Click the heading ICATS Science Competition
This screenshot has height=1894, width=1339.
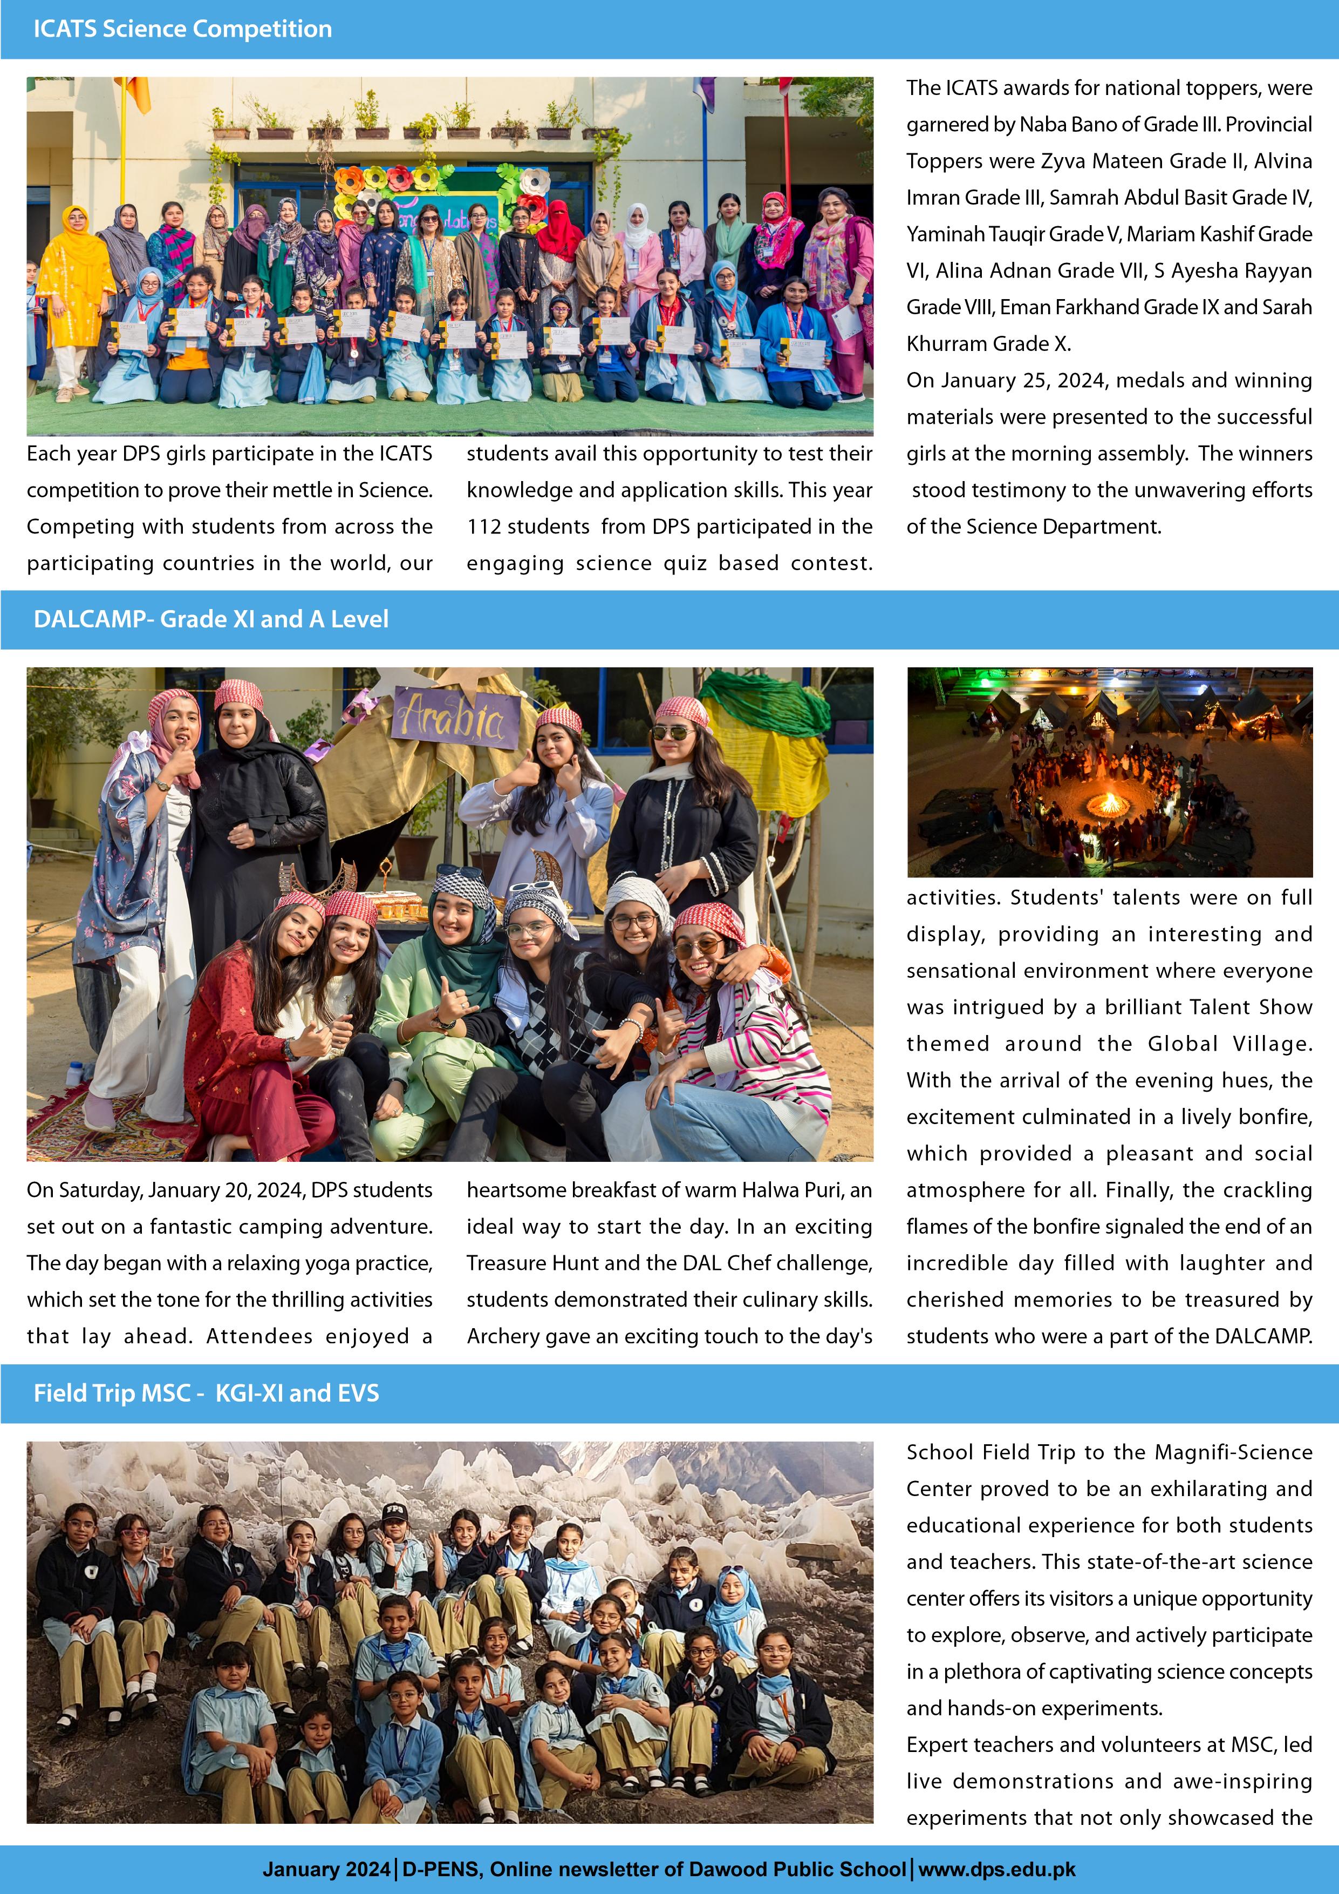[x=182, y=29]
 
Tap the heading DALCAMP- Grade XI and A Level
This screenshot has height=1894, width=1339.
[x=210, y=619]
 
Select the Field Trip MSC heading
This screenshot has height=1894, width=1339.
[x=206, y=1394]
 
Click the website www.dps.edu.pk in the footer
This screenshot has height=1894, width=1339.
[x=997, y=1869]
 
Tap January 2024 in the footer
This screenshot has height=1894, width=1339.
[x=326, y=1869]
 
